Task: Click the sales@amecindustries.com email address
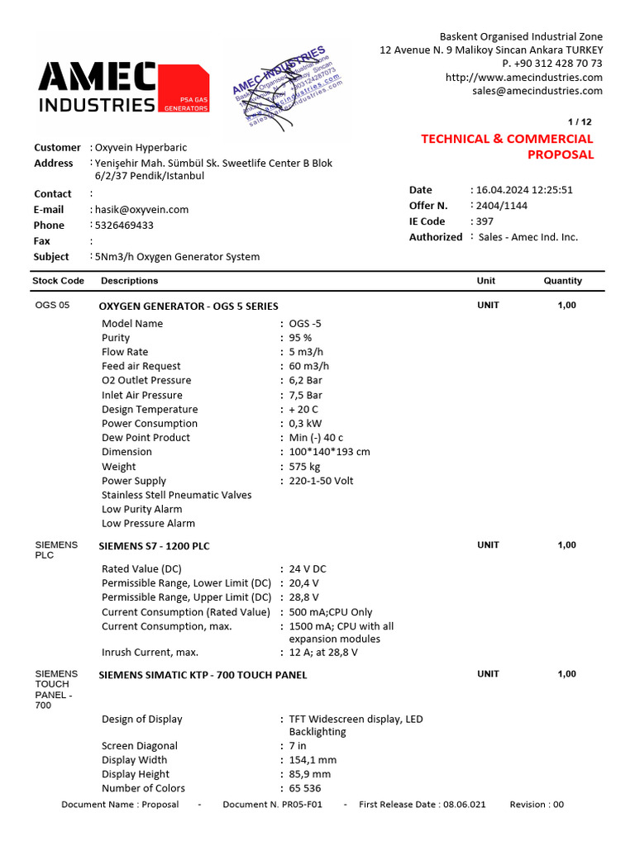[x=537, y=91]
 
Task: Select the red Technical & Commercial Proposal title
[x=508, y=146]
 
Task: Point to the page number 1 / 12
[x=581, y=121]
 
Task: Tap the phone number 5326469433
[x=124, y=225]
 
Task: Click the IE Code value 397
[x=486, y=221]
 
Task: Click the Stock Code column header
[x=58, y=281]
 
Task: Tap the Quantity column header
[x=562, y=281]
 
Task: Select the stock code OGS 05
[x=53, y=306]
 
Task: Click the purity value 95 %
[x=300, y=338]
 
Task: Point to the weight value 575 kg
[x=303, y=467]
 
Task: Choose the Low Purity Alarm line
[x=141, y=509]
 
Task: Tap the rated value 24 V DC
[x=308, y=569]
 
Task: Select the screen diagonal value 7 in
[x=298, y=746]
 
